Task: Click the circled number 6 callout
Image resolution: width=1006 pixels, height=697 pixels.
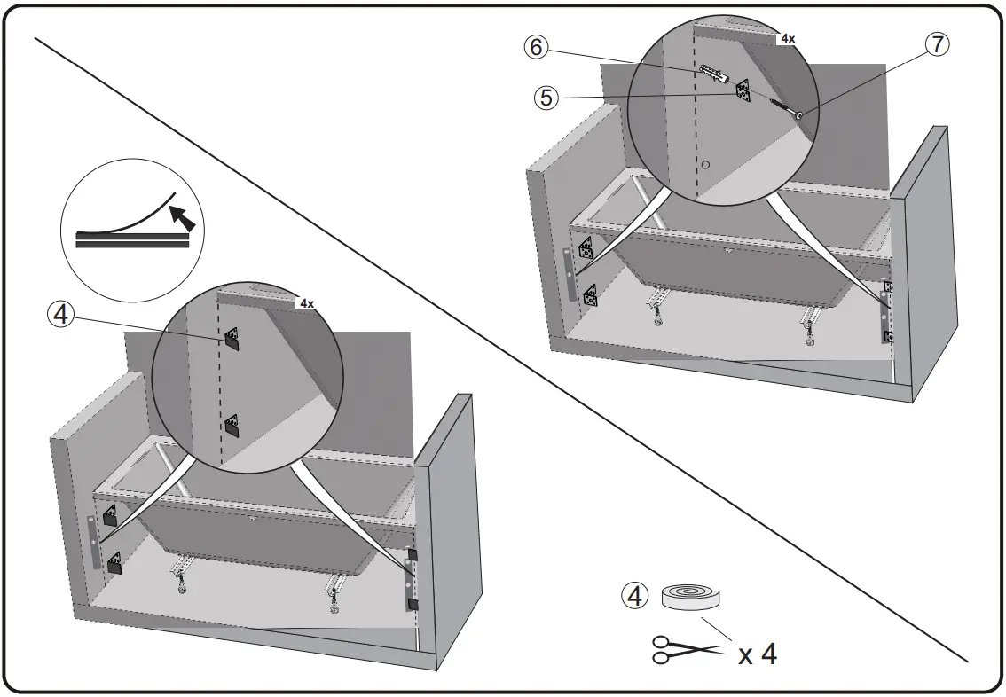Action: (x=535, y=47)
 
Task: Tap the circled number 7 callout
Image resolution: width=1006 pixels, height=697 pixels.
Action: (x=939, y=44)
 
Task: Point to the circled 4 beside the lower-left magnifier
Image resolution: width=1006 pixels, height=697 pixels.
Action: (x=61, y=314)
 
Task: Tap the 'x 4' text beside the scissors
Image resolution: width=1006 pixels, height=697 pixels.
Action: (x=758, y=654)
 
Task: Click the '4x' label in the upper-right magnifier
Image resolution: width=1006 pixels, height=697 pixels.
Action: (x=788, y=39)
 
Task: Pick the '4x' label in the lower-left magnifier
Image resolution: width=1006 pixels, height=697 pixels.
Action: (x=307, y=303)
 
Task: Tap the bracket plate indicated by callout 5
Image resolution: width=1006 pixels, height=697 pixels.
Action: (x=742, y=91)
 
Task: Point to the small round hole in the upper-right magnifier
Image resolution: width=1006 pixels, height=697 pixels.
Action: (x=706, y=165)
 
